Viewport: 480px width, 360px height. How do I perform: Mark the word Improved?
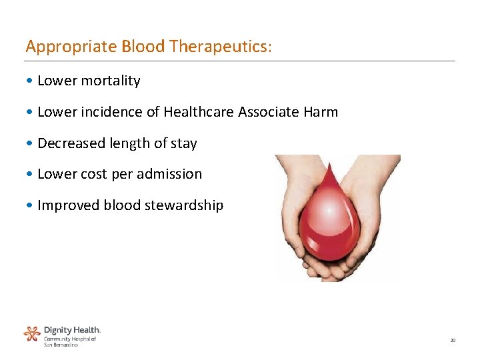(68, 205)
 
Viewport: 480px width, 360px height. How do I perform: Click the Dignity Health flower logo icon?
(32, 333)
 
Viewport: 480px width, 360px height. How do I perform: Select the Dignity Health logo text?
(72, 330)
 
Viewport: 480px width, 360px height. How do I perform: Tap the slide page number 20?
(453, 341)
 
